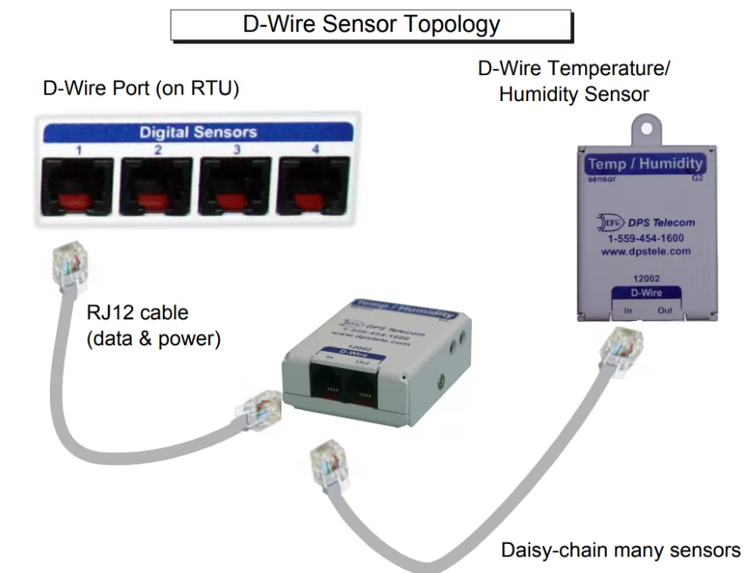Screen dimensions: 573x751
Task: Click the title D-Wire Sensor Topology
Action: pyautogui.click(x=371, y=23)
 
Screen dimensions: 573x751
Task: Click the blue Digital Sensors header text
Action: pyautogui.click(x=198, y=132)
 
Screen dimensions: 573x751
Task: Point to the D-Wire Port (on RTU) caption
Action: pyautogui.click(x=141, y=88)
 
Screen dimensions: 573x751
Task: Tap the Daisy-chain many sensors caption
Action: pyautogui.click(x=620, y=550)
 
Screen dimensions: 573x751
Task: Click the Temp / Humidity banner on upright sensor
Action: pyautogui.click(x=645, y=164)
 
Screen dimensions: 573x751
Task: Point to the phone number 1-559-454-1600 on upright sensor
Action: pyautogui.click(x=645, y=238)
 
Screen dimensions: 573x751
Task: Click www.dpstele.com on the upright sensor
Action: pyautogui.click(x=645, y=251)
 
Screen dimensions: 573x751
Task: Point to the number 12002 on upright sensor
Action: pyautogui.click(x=646, y=278)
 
